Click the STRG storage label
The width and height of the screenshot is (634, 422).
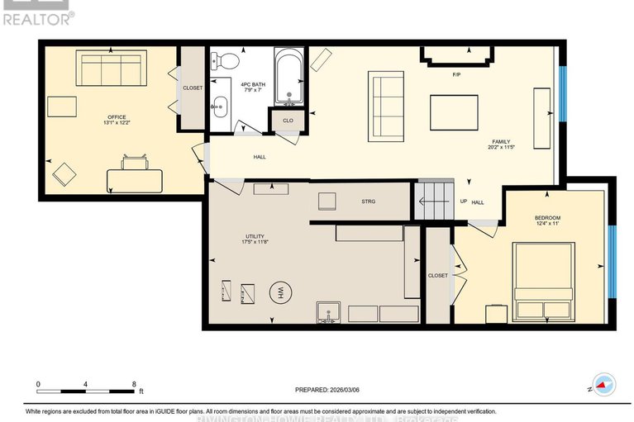pos(369,201)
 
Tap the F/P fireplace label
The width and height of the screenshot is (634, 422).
pos(456,75)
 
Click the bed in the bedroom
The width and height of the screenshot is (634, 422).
pos(543,281)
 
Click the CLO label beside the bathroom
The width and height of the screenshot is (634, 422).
pos(288,121)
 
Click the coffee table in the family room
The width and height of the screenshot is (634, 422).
pos(454,112)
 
